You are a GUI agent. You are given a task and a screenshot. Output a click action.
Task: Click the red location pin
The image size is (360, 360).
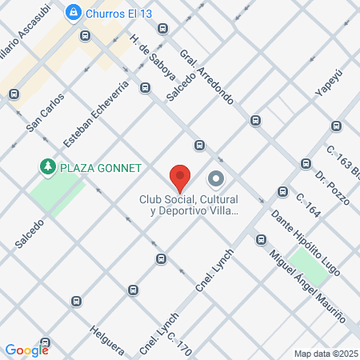point(180,176)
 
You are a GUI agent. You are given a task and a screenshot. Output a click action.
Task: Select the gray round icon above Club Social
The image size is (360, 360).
point(215,178)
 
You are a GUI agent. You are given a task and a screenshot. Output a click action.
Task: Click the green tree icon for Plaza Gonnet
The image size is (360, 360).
point(48,167)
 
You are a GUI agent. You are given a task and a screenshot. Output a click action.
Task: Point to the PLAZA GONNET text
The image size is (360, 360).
point(100,168)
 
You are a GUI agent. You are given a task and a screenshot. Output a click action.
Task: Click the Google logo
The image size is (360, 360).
point(26,350)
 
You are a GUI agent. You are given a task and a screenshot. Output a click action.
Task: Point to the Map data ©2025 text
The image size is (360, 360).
point(325,353)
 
